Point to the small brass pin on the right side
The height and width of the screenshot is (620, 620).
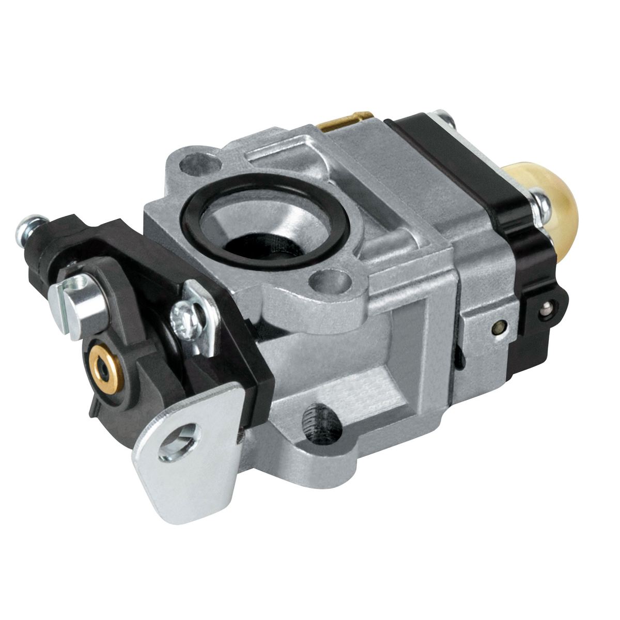(497, 327)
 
